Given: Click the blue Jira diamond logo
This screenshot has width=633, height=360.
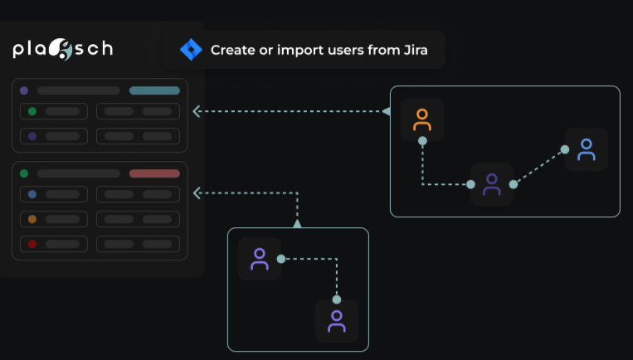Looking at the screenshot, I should tap(191, 50).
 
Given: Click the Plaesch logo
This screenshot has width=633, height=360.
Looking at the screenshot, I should tap(63, 50).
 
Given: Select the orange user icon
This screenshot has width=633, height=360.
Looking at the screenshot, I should tap(422, 119).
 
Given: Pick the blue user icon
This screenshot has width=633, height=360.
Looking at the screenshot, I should tap(587, 149).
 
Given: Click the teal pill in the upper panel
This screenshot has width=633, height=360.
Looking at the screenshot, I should tap(154, 90).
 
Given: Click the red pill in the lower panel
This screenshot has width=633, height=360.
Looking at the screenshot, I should tap(154, 173).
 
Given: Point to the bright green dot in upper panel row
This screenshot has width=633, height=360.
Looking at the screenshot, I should tap(32, 111).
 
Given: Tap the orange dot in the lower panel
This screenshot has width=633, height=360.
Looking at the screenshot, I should tap(32, 219).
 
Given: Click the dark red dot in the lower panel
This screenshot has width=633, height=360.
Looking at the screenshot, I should tap(32, 244).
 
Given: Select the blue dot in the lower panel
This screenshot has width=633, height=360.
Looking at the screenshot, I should tap(32, 194).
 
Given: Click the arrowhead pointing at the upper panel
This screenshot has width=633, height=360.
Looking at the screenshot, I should tap(197, 111).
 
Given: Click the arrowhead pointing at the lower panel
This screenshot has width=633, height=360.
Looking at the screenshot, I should tap(197, 193).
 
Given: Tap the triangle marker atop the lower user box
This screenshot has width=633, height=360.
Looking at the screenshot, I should tap(297, 223).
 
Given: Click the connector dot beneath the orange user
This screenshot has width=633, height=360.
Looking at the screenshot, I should tap(422, 141).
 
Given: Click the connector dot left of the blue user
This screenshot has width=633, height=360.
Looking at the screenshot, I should tap(565, 150).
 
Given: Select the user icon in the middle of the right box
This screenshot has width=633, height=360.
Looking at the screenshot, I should tap(492, 183).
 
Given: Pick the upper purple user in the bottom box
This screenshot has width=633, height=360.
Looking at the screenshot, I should tap(260, 259).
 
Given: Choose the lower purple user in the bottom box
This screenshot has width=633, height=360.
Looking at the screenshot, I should tap(337, 321).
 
